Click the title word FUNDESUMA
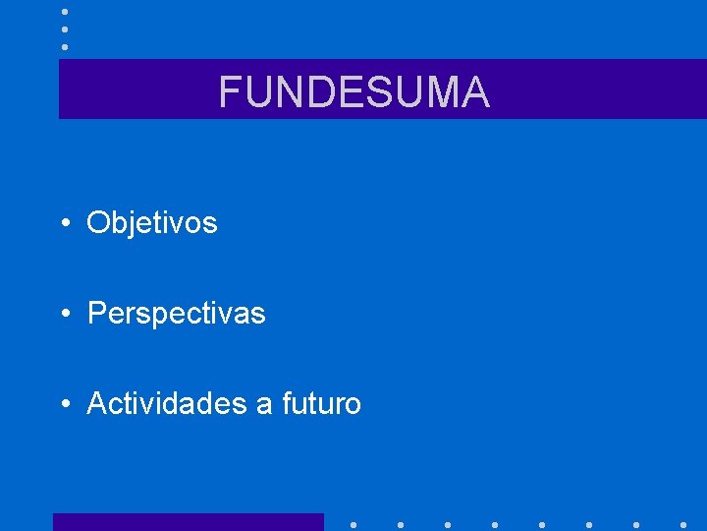(x=353, y=92)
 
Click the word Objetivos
(x=152, y=223)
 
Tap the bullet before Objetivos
(x=63, y=224)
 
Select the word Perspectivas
(x=177, y=314)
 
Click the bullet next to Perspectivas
(x=63, y=315)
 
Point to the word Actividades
(x=167, y=403)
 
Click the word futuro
(x=321, y=404)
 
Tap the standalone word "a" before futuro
(x=263, y=405)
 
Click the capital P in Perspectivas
(x=96, y=314)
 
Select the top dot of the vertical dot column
(x=64, y=11)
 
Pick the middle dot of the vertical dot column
(x=64, y=29)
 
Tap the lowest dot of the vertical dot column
(x=64, y=46)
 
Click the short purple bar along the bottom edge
(x=188, y=522)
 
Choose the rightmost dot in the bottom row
(x=682, y=524)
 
